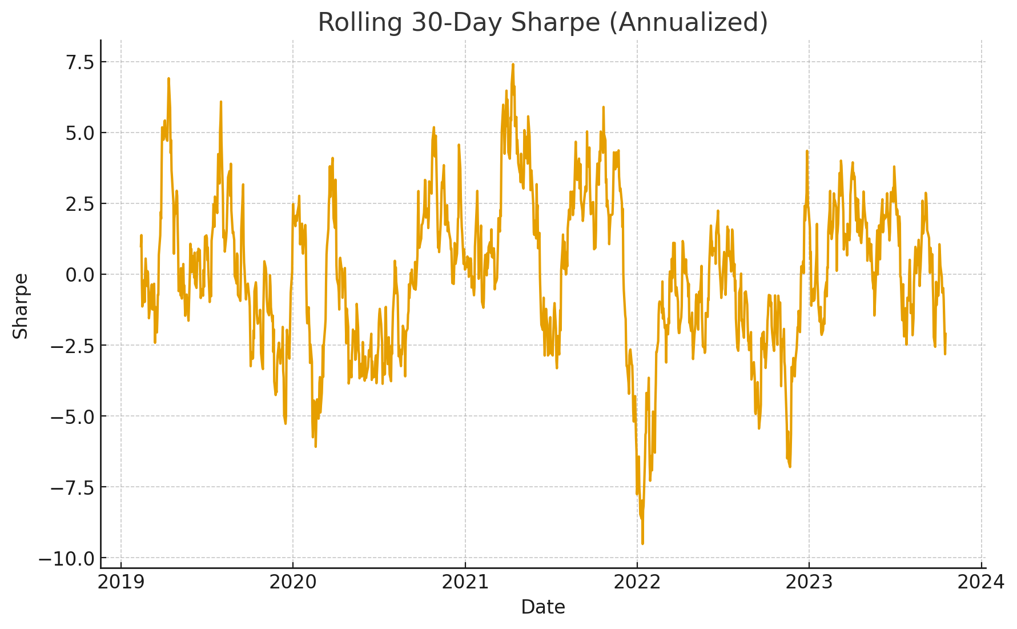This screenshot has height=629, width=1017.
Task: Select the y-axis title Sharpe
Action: click(x=21, y=306)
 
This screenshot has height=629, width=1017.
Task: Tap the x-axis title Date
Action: click(x=542, y=607)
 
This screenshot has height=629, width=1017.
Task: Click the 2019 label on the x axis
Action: click(x=120, y=582)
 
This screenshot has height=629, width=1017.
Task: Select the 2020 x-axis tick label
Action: click(x=292, y=582)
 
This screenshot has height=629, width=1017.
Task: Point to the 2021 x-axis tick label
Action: click(x=465, y=582)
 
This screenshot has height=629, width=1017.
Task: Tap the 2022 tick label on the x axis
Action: click(x=637, y=582)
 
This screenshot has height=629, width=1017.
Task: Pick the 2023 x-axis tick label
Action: click(x=809, y=582)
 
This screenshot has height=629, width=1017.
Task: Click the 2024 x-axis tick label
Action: click(x=981, y=582)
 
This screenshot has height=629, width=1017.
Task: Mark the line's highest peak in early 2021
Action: click(x=513, y=65)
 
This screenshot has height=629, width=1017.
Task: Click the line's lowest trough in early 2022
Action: click(x=642, y=543)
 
